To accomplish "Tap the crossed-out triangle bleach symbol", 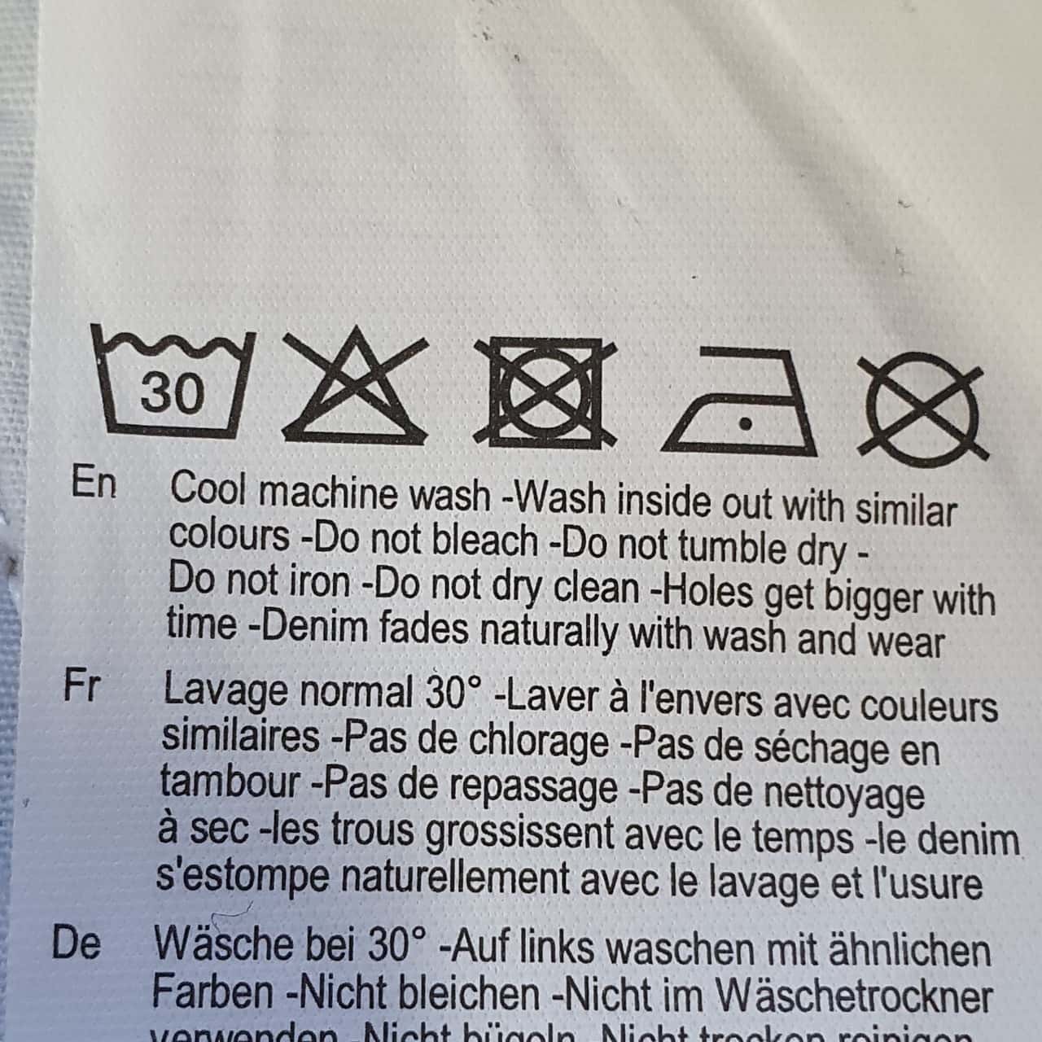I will pos(355,387).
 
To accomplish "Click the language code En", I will pos(94,484).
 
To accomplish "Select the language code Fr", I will pos(81,687).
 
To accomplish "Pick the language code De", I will pos(77,943).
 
